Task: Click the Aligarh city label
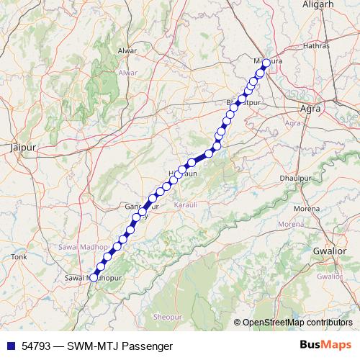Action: pos(320,4)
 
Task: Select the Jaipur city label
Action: pos(23,147)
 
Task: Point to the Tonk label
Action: pos(19,256)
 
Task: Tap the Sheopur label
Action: pos(164,317)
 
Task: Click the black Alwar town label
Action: pos(127,51)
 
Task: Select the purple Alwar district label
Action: pos(127,73)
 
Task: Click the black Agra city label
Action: pos(309,111)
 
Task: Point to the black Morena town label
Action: pos(307,209)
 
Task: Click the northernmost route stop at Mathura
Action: pos(266,63)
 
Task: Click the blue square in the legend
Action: pos(10,346)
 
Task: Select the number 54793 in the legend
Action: pos(36,346)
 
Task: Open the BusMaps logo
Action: pos(326,345)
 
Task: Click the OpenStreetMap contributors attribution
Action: pos(297,323)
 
